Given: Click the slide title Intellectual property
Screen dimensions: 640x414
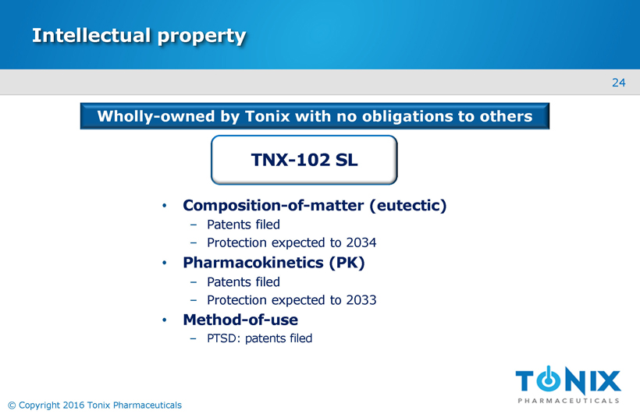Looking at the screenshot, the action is pyautogui.click(x=139, y=36).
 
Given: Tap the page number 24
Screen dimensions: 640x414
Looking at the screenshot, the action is pyautogui.click(x=618, y=83).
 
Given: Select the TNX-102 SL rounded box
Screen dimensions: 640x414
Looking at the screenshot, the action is pyautogui.click(x=304, y=160).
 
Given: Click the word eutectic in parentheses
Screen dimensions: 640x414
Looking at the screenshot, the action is pyautogui.click(x=408, y=205).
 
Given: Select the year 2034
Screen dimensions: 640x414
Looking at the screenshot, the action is pyautogui.click(x=361, y=242).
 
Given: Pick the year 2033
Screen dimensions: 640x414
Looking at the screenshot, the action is pyautogui.click(x=361, y=300).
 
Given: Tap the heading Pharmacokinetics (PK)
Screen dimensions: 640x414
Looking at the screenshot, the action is pyautogui.click(x=273, y=263).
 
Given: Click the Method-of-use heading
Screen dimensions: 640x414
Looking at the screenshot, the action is pyautogui.click(x=240, y=320).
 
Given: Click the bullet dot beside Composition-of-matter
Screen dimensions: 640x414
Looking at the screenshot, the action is pyautogui.click(x=165, y=206).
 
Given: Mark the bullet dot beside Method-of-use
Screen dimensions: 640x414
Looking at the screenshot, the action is pyautogui.click(x=165, y=320).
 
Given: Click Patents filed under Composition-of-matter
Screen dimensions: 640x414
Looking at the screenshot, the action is pyautogui.click(x=244, y=225).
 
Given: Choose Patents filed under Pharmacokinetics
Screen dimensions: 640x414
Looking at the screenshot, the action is pyautogui.click(x=244, y=282).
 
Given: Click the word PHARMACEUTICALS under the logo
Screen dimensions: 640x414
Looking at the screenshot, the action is pyautogui.click(x=568, y=401).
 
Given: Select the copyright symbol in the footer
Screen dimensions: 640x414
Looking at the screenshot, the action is pyautogui.click(x=12, y=405).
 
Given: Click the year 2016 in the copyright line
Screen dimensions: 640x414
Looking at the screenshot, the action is pyautogui.click(x=73, y=405).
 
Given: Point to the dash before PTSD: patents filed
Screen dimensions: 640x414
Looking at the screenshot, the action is pyautogui.click(x=194, y=338).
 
